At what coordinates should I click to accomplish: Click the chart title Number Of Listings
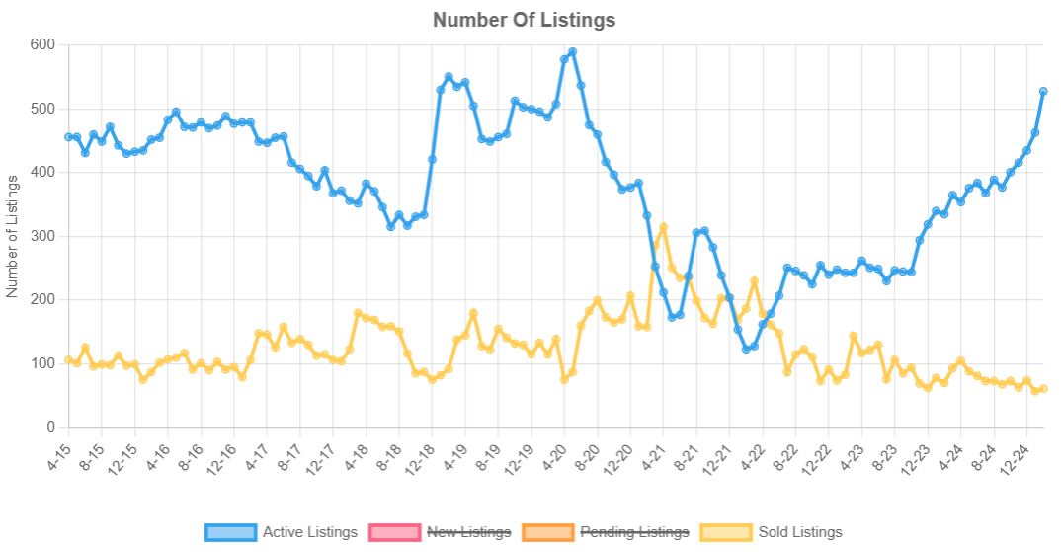click(524, 20)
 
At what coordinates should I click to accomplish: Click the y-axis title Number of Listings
click(13, 236)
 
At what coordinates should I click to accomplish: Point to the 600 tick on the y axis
click(42, 44)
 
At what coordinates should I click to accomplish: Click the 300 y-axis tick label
click(42, 236)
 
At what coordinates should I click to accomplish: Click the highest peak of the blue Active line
click(573, 52)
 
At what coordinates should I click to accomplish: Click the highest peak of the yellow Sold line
click(664, 227)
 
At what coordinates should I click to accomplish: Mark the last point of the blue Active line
click(1043, 92)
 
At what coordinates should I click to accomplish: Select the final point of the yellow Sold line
click(1043, 389)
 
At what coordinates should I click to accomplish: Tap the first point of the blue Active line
click(68, 137)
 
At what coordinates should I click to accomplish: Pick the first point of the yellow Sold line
click(68, 360)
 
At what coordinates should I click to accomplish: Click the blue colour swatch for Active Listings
click(230, 532)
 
